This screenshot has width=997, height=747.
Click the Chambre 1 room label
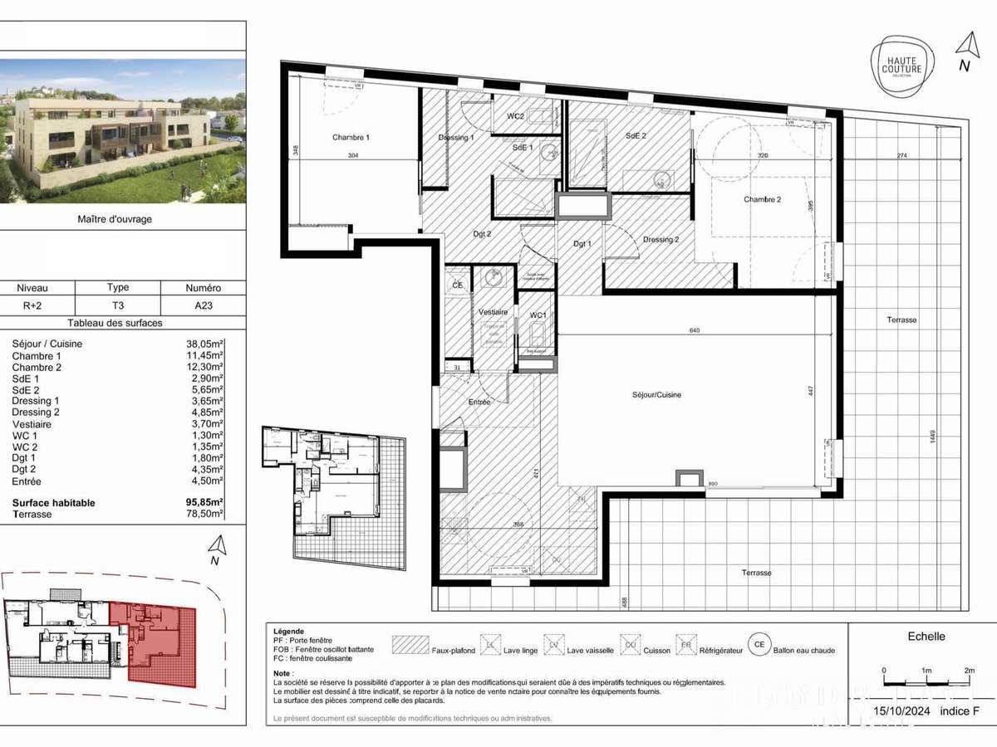click(x=351, y=137)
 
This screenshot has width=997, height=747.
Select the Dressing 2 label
click(x=661, y=240)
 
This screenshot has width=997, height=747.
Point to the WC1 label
click(x=538, y=315)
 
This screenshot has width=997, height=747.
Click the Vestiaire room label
click(x=493, y=312)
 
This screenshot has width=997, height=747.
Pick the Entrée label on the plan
click(x=479, y=403)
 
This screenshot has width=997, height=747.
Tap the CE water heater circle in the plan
click(x=457, y=285)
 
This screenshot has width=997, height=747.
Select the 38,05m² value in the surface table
click(x=204, y=344)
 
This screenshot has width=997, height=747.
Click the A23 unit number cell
click(x=203, y=306)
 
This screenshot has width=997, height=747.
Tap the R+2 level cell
click(x=33, y=306)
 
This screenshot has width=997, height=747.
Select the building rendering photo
click(x=123, y=131)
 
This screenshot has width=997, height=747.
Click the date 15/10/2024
click(x=903, y=712)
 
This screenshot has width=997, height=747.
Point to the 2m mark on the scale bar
click(x=969, y=670)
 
